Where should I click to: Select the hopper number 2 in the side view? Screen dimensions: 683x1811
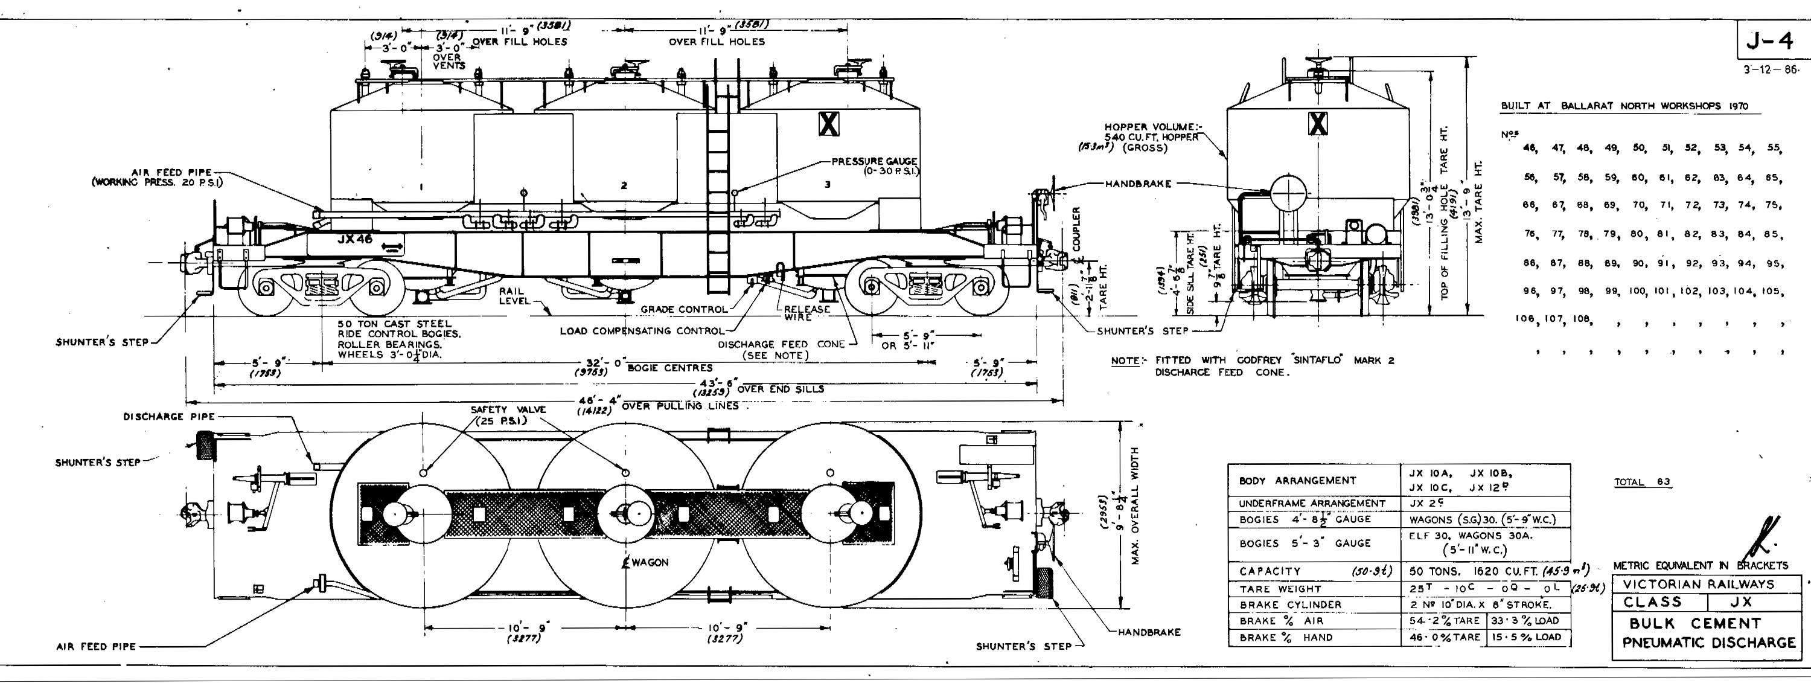tap(624, 186)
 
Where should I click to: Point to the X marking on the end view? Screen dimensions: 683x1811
tap(1318, 124)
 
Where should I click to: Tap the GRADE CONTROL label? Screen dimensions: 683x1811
tap(683, 310)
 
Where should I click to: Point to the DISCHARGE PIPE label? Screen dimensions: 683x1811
tap(169, 417)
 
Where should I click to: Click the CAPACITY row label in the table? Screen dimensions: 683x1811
tap(1270, 571)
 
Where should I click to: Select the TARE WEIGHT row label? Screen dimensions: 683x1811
tap(1280, 589)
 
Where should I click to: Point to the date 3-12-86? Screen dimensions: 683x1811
tap(1771, 71)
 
